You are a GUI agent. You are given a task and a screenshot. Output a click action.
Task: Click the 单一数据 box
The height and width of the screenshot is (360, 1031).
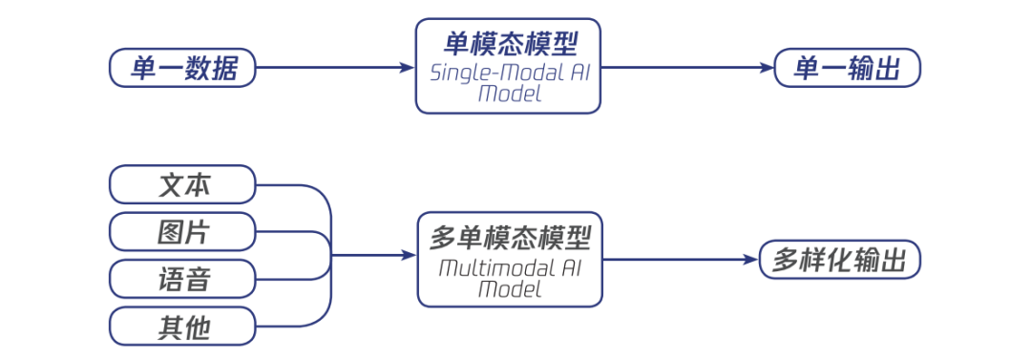182,68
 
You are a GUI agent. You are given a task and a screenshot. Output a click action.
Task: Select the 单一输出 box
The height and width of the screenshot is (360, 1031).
847,68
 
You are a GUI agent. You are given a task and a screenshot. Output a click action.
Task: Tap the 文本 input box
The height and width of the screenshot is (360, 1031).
183,185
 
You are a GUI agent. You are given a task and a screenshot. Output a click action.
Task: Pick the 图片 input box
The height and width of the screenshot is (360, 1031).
183,232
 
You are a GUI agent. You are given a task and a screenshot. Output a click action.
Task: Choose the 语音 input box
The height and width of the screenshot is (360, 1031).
183,279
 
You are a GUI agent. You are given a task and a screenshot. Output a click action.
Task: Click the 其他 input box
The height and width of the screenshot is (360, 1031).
183,327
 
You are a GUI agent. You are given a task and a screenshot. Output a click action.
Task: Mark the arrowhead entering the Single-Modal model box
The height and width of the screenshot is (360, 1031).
408,68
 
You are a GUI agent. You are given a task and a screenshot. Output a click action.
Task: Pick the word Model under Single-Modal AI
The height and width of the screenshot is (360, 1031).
509,95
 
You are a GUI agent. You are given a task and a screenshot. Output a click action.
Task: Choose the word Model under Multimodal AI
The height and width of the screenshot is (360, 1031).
509,288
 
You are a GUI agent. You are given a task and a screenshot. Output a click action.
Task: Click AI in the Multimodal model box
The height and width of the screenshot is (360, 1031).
570,266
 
